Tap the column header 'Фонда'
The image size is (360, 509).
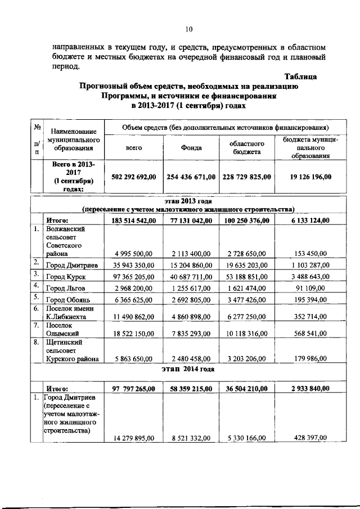click(191, 147)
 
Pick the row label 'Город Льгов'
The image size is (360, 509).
click(68, 288)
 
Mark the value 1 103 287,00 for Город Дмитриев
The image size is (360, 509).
click(307, 262)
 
